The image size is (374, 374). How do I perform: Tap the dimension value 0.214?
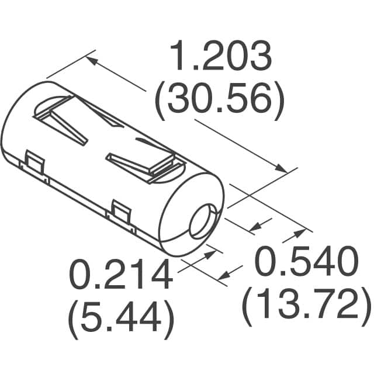[120, 275]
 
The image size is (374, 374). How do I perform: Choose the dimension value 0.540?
[306, 264]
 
